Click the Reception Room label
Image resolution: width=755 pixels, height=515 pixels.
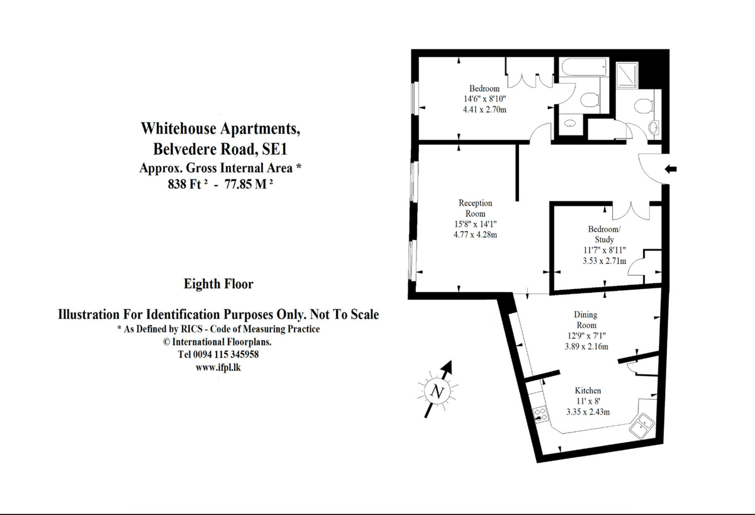[x=475, y=208]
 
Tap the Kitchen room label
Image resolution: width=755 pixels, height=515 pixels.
[x=588, y=390]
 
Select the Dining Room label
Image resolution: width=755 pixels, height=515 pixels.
[x=586, y=320]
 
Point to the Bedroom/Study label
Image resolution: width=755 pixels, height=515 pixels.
[x=605, y=234]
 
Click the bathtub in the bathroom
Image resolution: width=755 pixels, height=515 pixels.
[x=584, y=67]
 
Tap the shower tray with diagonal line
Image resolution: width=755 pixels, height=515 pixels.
[x=627, y=75]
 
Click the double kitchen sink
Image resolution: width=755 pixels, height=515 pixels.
[x=642, y=426]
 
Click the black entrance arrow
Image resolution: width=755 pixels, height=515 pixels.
[x=671, y=169]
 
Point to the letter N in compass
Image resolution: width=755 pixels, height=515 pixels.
[x=437, y=392]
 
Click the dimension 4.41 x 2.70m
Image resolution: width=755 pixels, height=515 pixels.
[x=484, y=110]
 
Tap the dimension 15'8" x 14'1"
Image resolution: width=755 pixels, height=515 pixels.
[x=475, y=224]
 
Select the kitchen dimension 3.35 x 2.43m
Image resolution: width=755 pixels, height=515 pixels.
[x=588, y=412]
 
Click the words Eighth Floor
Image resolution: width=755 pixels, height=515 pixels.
[x=218, y=284]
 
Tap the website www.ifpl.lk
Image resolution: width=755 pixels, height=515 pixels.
[x=218, y=367]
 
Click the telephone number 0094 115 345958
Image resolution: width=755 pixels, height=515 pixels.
[x=226, y=354]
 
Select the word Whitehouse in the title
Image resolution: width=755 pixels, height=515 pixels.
[x=178, y=128]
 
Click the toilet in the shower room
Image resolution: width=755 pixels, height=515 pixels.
[x=644, y=106]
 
